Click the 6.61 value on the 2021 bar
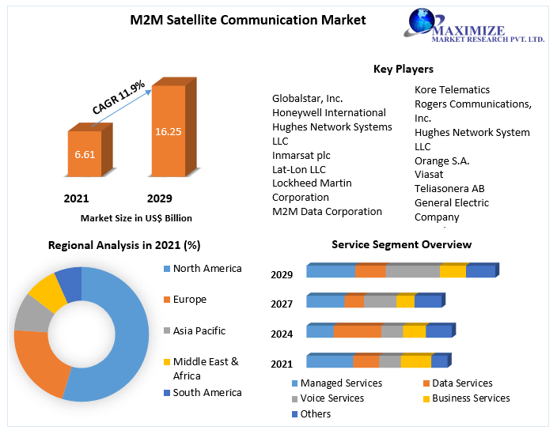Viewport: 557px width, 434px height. pos(85,154)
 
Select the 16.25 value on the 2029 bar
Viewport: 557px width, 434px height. pos(168,131)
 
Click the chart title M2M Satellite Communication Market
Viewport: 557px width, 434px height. pos(248,20)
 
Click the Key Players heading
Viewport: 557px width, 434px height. pos(403,69)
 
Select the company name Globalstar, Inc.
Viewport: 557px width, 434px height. pos(307,98)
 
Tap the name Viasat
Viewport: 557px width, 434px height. pos(429,174)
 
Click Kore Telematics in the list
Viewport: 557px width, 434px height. pos(452,89)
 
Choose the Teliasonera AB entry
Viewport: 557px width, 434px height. pos(449,188)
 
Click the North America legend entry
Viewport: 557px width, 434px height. pos(207,268)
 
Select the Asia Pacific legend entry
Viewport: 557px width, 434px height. pos(199,330)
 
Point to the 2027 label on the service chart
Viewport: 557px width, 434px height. pos(282,304)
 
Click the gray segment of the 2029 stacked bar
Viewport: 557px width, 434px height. pos(411,271)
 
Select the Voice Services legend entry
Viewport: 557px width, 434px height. pos(332,398)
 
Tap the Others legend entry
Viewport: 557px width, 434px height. pos(315,413)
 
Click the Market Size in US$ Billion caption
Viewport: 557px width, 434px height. pos(136,217)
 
